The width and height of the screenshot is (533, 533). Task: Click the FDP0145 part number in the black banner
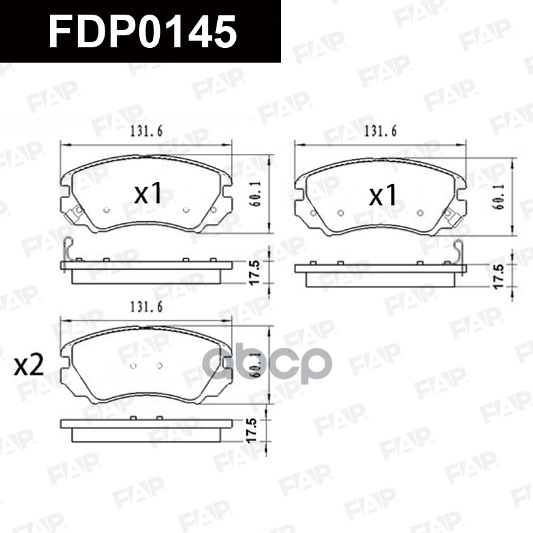pyautogui.click(x=143, y=32)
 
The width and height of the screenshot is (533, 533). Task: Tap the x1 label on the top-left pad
pyautogui.click(x=148, y=194)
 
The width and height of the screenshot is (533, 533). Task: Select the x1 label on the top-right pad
pyautogui.click(x=383, y=195)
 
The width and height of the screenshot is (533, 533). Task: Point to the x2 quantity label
pyautogui.click(x=29, y=365)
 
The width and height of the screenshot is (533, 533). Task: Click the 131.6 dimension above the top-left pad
pyautogui.click(x=144, y=131)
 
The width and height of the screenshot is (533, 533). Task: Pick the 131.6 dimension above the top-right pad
pyautogui.click(x=379, y=131)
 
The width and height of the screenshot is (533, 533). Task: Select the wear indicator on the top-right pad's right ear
pyautogui.click(x=450, y=215)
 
